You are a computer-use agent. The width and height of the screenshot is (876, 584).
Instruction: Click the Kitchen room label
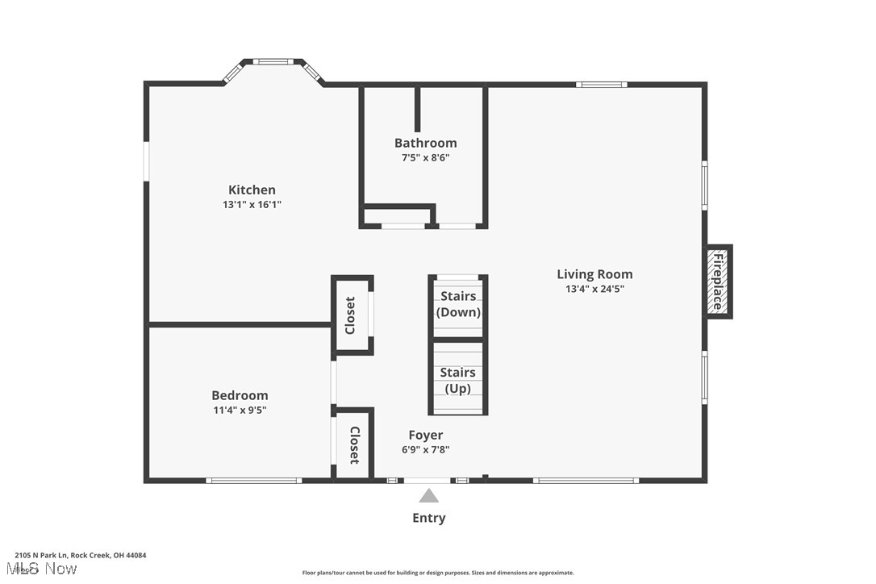point(252,190)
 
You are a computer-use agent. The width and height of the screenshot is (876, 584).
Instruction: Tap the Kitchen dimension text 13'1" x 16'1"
point(252,205)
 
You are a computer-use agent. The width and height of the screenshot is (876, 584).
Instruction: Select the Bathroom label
point(425,143)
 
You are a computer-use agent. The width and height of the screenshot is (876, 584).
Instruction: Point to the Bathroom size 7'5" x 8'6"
point(425,158)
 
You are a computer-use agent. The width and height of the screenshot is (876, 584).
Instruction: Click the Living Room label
point(594,274)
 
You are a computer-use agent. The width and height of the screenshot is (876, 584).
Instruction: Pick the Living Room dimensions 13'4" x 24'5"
point(594,289)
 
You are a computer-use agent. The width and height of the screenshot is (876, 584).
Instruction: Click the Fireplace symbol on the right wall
point(717,282)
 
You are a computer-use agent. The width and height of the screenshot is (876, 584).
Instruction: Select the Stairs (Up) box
point(458,379)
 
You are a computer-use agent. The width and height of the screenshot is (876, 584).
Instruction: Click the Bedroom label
point(240,395)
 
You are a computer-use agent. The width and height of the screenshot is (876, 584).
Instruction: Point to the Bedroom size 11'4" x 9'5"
point(240,410)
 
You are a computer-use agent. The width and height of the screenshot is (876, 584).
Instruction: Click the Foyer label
point(425,436)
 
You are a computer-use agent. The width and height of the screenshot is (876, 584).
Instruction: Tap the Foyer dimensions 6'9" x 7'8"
point(425,450)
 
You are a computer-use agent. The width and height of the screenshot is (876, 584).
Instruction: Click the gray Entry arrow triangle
point(428,496)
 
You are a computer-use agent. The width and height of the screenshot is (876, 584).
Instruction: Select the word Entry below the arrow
point(428,518)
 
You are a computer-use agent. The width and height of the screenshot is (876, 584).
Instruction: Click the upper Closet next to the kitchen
point(351,315)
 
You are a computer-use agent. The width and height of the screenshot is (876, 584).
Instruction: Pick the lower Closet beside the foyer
point(353,444)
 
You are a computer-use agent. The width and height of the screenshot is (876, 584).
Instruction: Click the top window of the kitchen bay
point(273,61)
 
